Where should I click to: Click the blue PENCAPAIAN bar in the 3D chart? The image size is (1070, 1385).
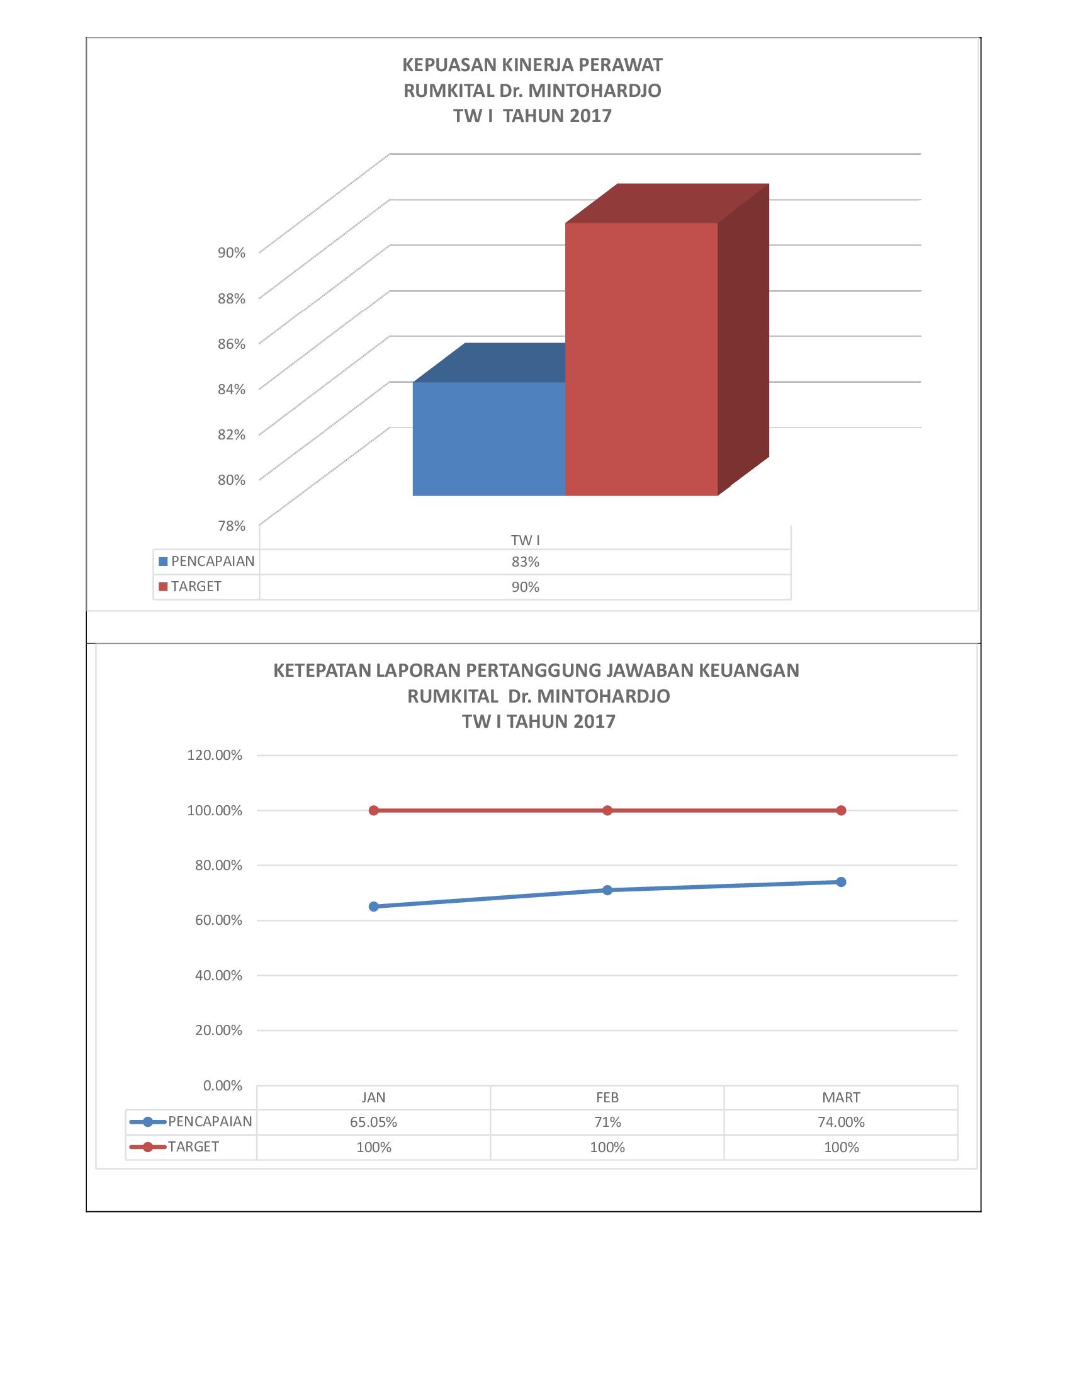[x=488, y=438]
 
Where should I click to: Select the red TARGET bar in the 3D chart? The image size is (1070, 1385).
[x=641, y=359]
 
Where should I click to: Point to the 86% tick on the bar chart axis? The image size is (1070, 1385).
[x=232, y=344]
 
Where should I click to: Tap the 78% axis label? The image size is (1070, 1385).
[x=232, y=526]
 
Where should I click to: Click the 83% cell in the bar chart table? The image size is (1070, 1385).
[x=526, y=562]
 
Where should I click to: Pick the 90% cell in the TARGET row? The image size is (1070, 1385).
[x=526, y=587]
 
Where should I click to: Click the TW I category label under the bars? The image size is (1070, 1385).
[x=526, y=540]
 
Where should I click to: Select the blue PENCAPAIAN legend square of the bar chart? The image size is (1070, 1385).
[x=163, y=561]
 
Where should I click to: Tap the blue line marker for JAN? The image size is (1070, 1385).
[x=374, y=906]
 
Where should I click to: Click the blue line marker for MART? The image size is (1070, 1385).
[x=841, y=882]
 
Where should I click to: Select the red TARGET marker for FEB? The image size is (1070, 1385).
[x=607, y=810]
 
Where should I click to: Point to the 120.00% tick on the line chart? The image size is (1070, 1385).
[x=214, y=755]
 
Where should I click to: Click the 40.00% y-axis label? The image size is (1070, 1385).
[x=218, y=975]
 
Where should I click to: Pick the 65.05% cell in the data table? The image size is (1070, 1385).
[x=374, y=1122]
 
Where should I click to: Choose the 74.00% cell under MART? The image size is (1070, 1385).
[x=841, y=1122]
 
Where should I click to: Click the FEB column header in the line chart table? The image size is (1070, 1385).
[x=607, y=1098]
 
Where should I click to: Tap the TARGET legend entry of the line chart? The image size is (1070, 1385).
[x=174, y=1146]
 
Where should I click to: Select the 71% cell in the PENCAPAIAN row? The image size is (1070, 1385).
[x=607, y=1122]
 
